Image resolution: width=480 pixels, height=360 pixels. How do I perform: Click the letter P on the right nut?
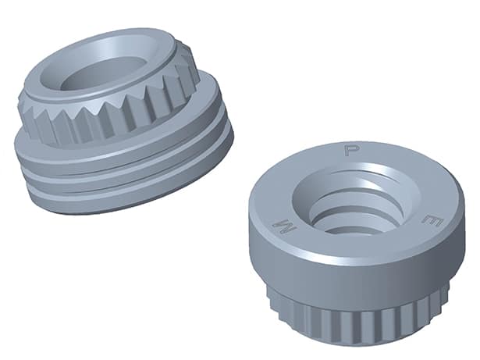click(352, 148)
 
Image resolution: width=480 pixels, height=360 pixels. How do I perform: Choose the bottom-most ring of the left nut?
click(125, 200)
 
